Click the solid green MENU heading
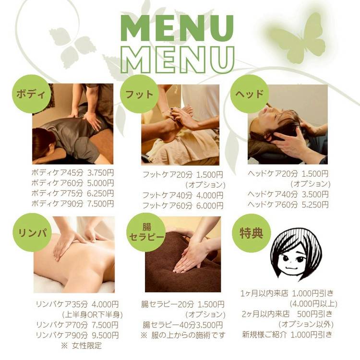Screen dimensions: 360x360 click(177, 28)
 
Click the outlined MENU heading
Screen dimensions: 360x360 click(177, 60)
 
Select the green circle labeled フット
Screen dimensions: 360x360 click(140, 94)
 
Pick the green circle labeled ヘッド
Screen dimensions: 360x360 click(249, 94)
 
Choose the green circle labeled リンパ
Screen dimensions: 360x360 click(32, 233)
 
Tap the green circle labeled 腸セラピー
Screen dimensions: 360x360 click(147, 233)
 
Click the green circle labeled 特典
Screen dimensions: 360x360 click(252, 233)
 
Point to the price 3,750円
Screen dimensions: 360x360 click(101, 173)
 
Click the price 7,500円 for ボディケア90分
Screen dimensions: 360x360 click(101, 204)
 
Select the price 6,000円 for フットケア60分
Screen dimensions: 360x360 click(210, 205)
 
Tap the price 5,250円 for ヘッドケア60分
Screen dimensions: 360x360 click(315, 204)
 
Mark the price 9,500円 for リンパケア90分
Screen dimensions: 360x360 click(105, 335)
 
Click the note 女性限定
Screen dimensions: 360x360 click(87, 346)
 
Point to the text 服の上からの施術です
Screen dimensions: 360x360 click(188, 336)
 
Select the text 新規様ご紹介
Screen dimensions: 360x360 click(264, 335)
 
